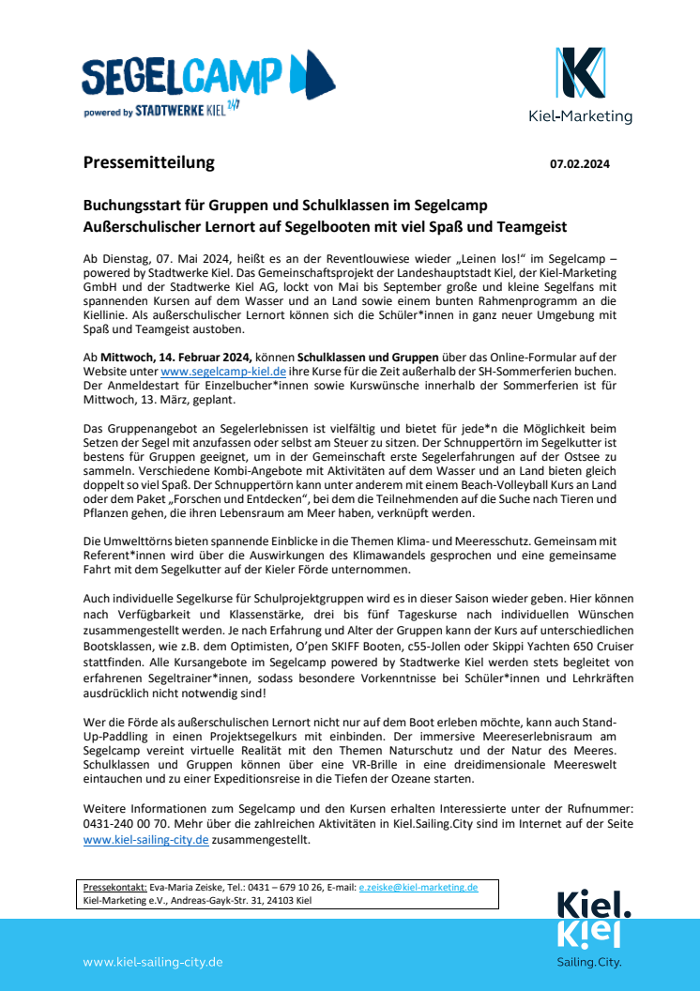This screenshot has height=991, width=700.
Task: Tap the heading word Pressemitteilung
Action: [148, 162]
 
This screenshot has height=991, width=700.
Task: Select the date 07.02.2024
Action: [580, 164]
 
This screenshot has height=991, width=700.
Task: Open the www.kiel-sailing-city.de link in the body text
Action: [145, 840]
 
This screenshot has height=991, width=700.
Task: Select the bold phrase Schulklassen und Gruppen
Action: [368, 357]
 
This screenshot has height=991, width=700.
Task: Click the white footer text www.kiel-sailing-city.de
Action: [153, 962]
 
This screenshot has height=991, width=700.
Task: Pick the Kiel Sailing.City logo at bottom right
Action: [589, 929]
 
